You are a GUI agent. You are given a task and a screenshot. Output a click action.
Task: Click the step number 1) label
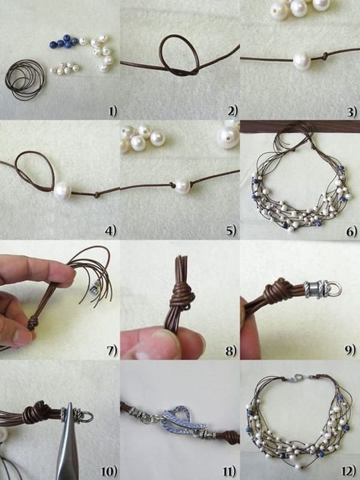click(x=112, y=110)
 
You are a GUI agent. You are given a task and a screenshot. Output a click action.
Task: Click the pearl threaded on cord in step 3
click(x=302, y=60)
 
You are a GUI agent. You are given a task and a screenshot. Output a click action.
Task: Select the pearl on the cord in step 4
click(x=62, y=192)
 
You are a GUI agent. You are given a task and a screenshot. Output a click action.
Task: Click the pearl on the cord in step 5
click(x=181, y=185)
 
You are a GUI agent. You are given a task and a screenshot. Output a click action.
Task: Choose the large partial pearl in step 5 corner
click(x=228, y=136)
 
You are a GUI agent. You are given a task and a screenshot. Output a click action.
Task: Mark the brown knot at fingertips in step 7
click(x=33, y=323)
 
